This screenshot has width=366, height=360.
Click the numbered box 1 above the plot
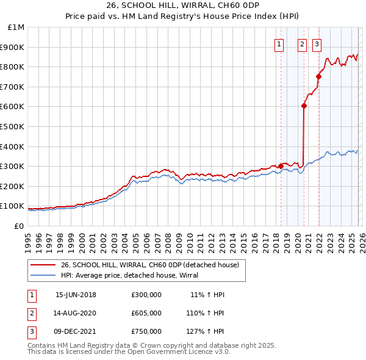pyautogui.click(x=279, y=43)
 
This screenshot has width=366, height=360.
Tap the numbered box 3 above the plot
pyautogui.click(x=317, y=43)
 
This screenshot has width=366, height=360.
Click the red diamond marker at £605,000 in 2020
pyautogui.click(x=304, y=106)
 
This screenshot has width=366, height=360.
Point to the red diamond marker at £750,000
pyautogui.click(x=318, y=76)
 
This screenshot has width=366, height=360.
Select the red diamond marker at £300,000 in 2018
pyautogui.click(x=281, y=166)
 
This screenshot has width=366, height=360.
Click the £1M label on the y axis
pyautogui.click(x=16, y=27)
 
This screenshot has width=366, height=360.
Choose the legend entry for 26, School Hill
pyautogui.click(x=153, y=265)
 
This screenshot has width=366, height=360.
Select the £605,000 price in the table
pyautogui.click(x=146, y=313)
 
